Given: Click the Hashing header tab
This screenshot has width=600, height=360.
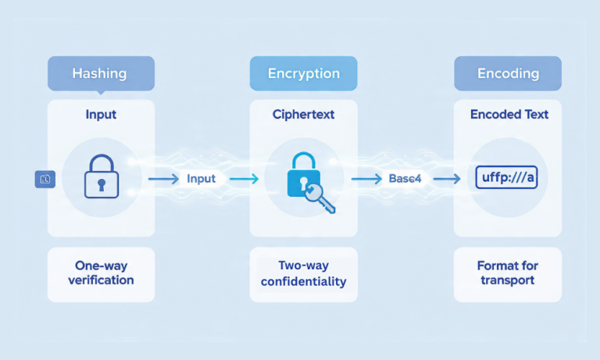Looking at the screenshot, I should [x=101, y=74].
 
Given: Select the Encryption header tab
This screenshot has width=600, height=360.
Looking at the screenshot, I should [x=303, y=74].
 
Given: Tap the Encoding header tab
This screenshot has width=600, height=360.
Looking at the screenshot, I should [x=508, y=74].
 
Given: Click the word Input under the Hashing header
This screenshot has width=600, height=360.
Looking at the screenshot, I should [x=101, y=115].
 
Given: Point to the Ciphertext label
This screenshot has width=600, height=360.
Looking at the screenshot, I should [x=303, y=115].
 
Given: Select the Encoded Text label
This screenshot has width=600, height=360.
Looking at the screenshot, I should [x=509, y=115].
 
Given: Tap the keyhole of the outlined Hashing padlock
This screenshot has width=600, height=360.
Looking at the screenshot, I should [x=101, y=184].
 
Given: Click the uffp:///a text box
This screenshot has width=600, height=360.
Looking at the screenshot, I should [x=508, y=179].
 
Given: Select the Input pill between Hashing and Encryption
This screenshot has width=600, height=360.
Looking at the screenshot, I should [x=201, y=179].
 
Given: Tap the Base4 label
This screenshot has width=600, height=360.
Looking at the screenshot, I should [x=405, y=179].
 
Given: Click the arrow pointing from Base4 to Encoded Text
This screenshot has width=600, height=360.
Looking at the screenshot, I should [x=446, y=179].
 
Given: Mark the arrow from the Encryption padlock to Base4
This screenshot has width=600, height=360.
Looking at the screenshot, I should [x=366, y=179].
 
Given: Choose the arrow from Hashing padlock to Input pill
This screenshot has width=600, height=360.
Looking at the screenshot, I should [x=162, y=179].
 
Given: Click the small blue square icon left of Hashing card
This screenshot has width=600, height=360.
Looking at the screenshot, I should [x=45, y=180].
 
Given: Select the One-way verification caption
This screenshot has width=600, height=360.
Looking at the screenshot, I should [x=101, y=273].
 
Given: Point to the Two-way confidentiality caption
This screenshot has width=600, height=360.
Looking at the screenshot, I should [x=303, y=273].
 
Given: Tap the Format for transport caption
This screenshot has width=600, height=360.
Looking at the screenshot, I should [x=508, y=273].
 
